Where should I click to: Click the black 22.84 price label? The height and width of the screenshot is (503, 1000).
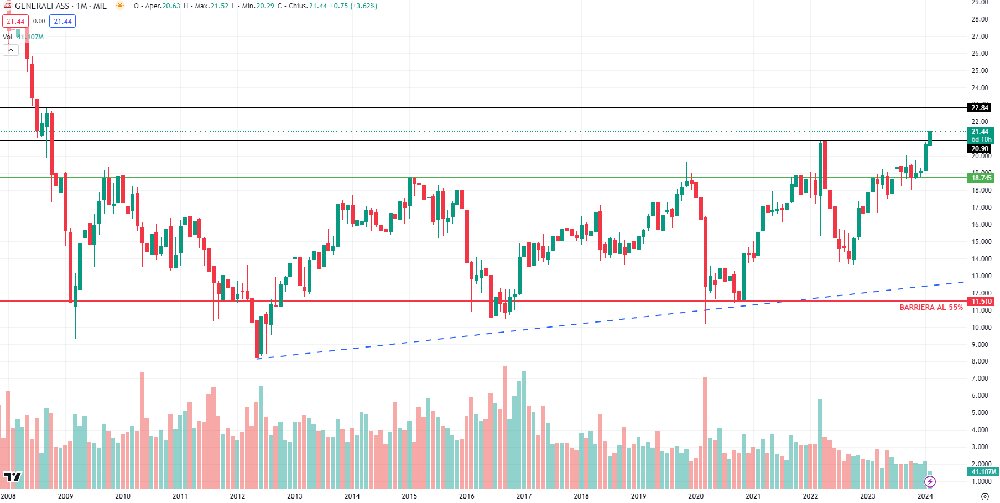(x=980, y=107)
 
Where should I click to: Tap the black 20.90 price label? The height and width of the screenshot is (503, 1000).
(x=980, y=148)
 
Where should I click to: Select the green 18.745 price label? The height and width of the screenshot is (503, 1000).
(x=981, y=178)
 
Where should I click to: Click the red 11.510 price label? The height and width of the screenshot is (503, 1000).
(x=981, y=301)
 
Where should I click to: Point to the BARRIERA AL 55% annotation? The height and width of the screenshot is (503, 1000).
(x=931, y=307)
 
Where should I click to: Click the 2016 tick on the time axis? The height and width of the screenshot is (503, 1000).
(x=466, y=496)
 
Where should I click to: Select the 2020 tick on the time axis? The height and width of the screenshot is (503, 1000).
(x=695, y=496)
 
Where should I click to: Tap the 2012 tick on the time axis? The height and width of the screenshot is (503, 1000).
(x=237, y=496)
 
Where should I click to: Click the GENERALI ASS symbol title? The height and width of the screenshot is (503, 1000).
(x=42, y=6)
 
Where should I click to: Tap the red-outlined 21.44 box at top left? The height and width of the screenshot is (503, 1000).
(x=15, y=22)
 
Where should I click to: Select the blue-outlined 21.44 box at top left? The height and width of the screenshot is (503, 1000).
(x=62, y=22)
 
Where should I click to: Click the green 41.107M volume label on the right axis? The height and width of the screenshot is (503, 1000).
(x=983, y=472)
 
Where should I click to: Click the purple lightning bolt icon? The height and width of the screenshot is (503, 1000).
(x=930, y=482)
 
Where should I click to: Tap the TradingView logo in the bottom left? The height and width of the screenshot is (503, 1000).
(x=12, y=476)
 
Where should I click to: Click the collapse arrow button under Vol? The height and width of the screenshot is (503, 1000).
(x=11, y=50)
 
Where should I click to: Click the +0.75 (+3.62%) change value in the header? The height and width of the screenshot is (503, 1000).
(x=353, y=6)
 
